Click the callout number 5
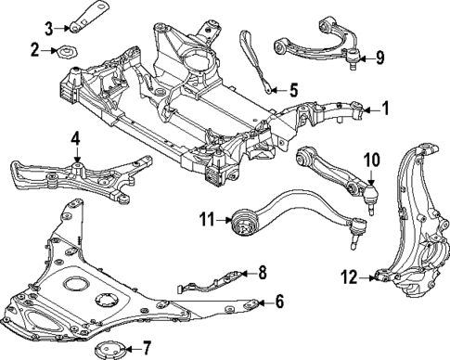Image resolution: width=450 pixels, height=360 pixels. [x=293, y=90]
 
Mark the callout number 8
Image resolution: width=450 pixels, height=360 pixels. [x=263, y=272]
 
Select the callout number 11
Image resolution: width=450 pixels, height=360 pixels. [x=206, y=220]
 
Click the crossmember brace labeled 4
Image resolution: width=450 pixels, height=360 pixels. [x=74, y=176]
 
